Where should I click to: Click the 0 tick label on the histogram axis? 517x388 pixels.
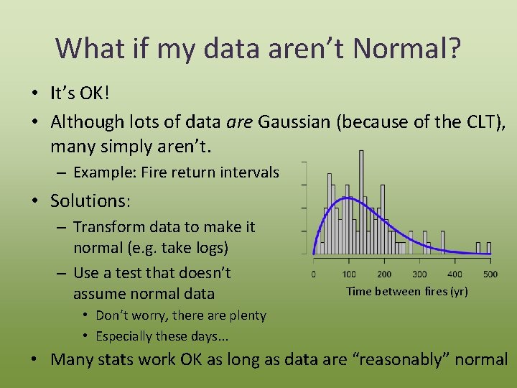pyautogui.click(x=314, y=274)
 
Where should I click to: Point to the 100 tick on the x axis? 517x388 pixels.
pyautogui.click(x=349, y=274)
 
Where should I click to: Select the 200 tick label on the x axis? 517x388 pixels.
pyautogui.click(x=384, y=274)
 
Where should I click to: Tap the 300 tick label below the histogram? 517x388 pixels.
pyautogui.click(x=419, y=274)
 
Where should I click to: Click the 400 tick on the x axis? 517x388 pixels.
pyautogui.click(x=455, y=274)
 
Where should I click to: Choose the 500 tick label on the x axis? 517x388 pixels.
pyautogui.click(x=490, y=274)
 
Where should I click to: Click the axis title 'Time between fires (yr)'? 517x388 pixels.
pyautogui.click(x=406, y=291)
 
